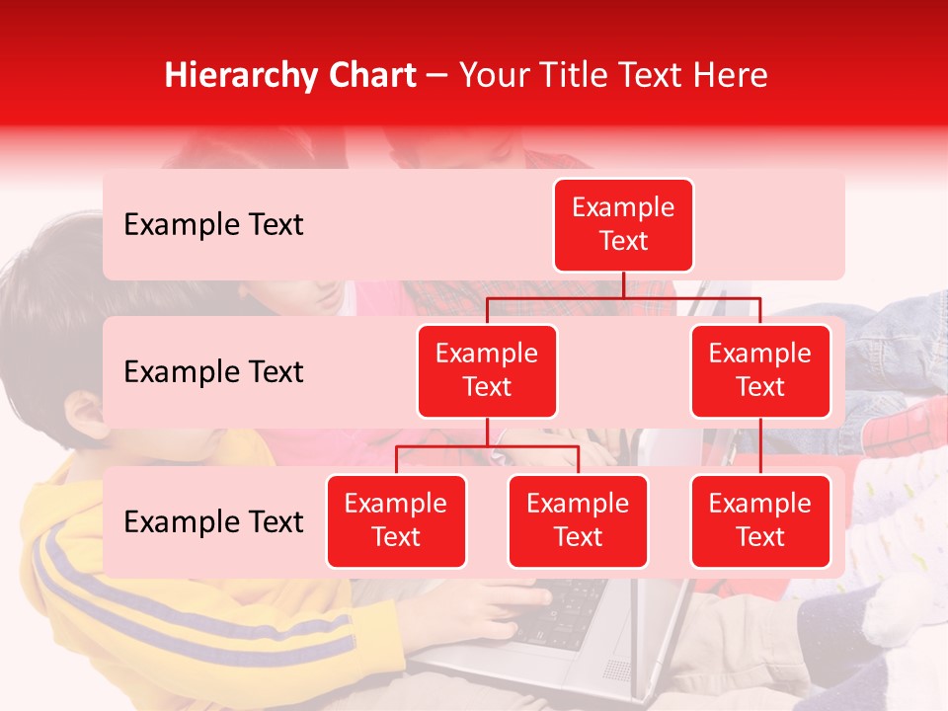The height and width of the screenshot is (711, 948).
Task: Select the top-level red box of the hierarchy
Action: click(623, 225)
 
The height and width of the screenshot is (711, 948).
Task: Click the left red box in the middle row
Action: click(487, 371)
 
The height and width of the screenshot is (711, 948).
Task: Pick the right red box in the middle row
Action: click(760, 371)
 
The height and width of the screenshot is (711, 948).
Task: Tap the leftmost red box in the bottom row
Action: click(396, 521)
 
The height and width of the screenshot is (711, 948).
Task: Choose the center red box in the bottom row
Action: click(578, 521)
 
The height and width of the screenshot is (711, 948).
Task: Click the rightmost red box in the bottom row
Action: click(760, 521)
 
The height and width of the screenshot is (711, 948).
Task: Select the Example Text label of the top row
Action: click(213, 225)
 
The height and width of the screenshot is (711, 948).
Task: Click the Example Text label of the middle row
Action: click(213, 372)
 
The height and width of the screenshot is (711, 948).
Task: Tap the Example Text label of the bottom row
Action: click(213, 522)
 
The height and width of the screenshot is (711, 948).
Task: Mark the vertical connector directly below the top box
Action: click(623, 284)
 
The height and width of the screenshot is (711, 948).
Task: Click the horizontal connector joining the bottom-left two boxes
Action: click(487, 447)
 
